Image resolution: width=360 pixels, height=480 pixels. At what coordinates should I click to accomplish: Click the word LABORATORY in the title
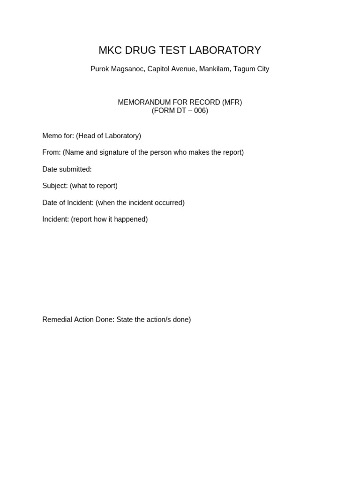tap(224, 50)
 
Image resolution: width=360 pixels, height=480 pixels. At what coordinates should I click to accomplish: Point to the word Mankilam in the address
tap(214, 69)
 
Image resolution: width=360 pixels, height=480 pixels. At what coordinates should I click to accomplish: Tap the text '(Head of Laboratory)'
tap(108, 136)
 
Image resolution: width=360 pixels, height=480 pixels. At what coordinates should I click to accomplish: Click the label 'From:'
tap(52, 152)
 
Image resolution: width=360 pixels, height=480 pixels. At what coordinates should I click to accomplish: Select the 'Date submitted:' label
tap(67, 169)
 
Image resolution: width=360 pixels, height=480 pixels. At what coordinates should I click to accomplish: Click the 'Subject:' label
tap(55, 186)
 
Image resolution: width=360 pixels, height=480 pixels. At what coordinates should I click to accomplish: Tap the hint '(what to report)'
tap(94, 186)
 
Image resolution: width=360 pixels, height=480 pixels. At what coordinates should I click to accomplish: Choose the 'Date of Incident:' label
tap(68, 202)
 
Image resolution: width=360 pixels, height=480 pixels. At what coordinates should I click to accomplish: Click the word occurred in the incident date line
tap(169, 202)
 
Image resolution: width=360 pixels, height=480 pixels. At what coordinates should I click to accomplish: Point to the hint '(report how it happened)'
tap(109, 219)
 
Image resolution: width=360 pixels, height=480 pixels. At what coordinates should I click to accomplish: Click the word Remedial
tap(57, 320)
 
